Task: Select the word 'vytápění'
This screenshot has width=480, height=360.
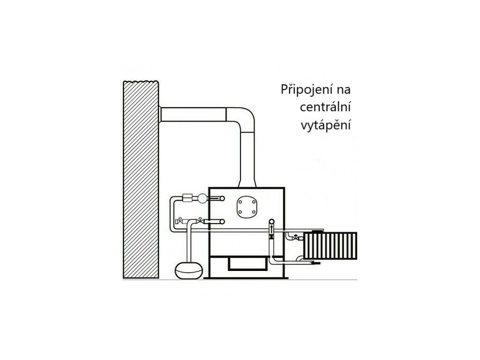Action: point(326,125)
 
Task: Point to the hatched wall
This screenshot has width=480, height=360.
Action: point(141,178)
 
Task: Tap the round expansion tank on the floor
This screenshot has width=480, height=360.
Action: point(189,268)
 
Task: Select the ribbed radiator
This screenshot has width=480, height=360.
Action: point(330,245)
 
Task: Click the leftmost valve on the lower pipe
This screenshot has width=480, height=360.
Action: point(179,221)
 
